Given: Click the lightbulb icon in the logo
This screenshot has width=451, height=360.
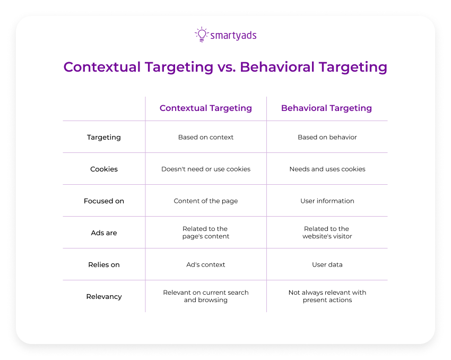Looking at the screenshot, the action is pos(202,35).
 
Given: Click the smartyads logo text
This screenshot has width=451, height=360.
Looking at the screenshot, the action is pos(233,36).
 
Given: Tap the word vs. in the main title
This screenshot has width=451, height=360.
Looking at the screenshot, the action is pos(227,67).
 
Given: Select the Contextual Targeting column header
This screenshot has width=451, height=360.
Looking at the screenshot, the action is pos(206,108).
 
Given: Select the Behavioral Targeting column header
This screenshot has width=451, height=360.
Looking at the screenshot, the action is pos(326,108).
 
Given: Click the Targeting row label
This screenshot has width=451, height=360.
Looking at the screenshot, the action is pos(104,138).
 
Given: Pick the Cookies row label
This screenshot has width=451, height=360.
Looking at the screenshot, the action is pos(104,169).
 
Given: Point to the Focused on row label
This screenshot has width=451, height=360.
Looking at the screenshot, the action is pos(104,201).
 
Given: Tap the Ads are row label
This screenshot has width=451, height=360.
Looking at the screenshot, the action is pos(104,233).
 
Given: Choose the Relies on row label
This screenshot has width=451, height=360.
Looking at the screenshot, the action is pos(104,265).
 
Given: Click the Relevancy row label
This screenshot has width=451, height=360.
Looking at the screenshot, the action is pos(104,297).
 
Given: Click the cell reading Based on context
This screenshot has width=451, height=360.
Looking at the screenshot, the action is pos(206,138).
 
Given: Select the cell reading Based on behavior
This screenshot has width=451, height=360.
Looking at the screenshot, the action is pos(327,138).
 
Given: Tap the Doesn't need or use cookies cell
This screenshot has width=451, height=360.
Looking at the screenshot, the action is pos(206,169).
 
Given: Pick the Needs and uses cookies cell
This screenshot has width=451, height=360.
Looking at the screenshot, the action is pos(327,169).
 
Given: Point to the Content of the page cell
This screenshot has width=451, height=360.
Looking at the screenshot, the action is pos(206,201).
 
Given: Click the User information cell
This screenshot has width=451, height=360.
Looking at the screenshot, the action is pos(327,201).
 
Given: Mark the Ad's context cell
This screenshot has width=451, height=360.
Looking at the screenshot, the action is pos(206,265).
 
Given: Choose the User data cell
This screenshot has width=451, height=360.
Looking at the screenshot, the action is pos(327,265).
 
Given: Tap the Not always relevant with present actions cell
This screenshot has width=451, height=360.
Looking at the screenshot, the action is pos(327,296).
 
